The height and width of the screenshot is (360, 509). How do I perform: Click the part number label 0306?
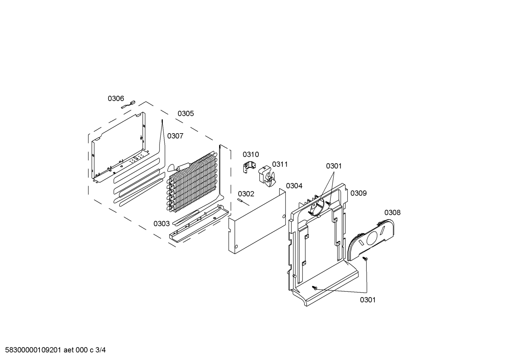point(116,99)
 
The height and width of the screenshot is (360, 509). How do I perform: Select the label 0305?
point(186,113)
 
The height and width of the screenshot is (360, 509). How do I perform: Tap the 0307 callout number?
point(175,136)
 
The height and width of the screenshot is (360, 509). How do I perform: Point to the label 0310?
point(251,154)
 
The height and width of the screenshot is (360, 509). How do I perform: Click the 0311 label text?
point(280,164)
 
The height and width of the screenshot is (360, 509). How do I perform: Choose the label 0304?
point(294,186)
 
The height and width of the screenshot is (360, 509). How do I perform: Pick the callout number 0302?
point(246,194)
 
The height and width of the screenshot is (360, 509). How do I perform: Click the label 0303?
point(162,224)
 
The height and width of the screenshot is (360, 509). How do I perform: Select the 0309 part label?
point(359,193)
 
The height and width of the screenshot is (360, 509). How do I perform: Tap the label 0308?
point(393,212)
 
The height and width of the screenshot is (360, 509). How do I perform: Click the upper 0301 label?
point(334,166)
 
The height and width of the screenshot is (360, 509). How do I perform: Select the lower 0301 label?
point(368,300)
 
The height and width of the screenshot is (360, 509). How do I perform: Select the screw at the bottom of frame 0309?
point(315,288)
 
